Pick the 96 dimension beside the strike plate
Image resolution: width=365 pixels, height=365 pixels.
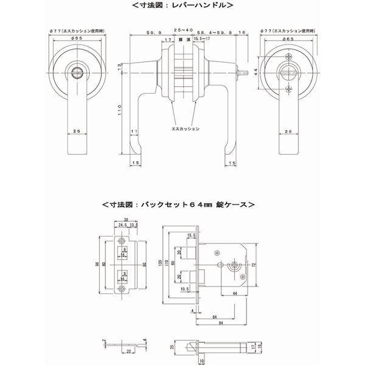(x=97, y=266)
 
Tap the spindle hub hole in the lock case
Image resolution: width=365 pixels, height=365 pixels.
(x=232, y=266)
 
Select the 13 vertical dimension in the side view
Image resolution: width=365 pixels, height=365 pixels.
(x=120, y=67)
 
